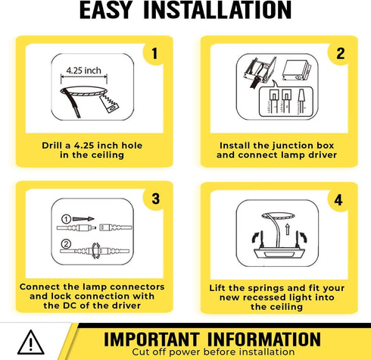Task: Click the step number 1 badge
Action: pos(154,54)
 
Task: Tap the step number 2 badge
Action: pos(340,54)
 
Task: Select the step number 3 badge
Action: pos(155,199)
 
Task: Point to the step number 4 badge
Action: pos(338,200)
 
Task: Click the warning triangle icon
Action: pos(31,343)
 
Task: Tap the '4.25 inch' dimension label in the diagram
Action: pos(83,70)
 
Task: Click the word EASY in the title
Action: pos(106,10)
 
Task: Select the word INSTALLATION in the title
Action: pos(217,10)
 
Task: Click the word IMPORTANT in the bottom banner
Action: pos(151,340)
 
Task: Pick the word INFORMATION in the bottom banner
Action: pos(264,340)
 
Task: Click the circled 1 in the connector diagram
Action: pos(66,219)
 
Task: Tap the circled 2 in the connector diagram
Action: pos(66,244)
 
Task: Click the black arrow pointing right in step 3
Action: pos(83,219)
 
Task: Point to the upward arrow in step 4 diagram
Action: pos(287,229)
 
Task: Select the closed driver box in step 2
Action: pos(297,70)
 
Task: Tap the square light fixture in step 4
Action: pos(279,253)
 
